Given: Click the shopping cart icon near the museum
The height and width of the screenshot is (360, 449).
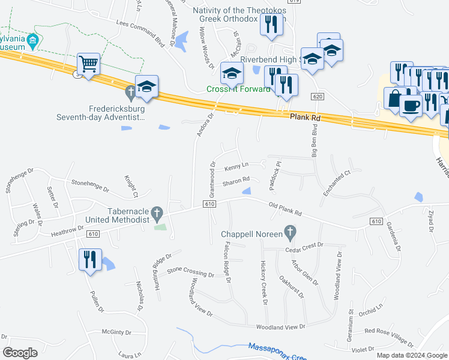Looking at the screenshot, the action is pyautogui.click(x=88, y=64).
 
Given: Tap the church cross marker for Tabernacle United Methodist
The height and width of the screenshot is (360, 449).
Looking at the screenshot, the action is pyautogui.click(x=157, y=212).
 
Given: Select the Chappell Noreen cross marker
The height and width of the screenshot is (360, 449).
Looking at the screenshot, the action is pyautogui.click(x=290, y=232).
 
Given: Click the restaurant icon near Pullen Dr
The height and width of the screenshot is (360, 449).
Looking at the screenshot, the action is pyautogui.click(x=90, y=259).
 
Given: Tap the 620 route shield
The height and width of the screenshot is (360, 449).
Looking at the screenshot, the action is pyautogui.click(x=318, y=97).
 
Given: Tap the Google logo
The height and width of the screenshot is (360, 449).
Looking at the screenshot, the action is pyautogui.click(x=20, y=353).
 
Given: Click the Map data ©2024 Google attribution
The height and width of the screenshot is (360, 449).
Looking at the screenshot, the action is pyautogui.click(x=411, y=355).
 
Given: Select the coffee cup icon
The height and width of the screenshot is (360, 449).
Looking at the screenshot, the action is pyautogui.click(x=411, y=105).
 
